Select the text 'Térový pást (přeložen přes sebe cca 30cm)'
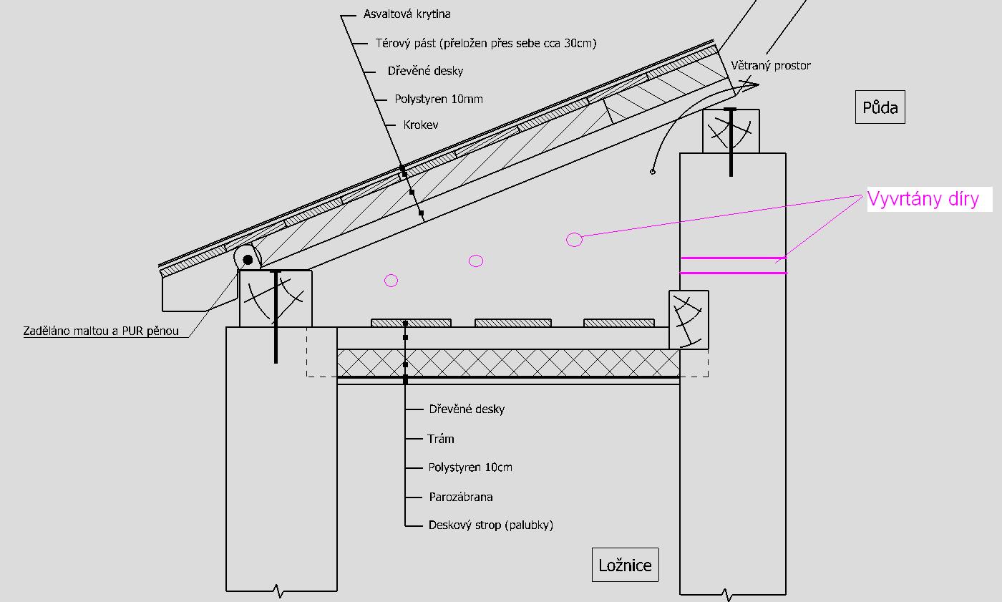(x=486, y=43)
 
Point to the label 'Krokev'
(x=421, y=125)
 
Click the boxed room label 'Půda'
(x=880, y=108)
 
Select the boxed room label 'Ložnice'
(x=625, y=565)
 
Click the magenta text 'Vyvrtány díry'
(x=923, y=198)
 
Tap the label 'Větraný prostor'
(x=771, y=66)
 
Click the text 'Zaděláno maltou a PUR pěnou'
(x=101, y=331)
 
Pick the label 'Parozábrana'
(x=461, y=497)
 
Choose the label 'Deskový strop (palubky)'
(x=491, y=525)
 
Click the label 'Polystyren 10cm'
(x=470, y=467)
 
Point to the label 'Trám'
(x=441, y=439)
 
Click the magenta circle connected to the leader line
(x=574, y=240)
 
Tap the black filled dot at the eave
(x=248, y=259)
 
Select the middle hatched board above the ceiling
(x=513, y=323)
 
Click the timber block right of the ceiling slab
(x=689, y=319)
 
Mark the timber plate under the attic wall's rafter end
(x=731, y=130)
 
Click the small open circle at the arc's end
(x=653, y=172)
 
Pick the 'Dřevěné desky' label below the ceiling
(x=467, y=409)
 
